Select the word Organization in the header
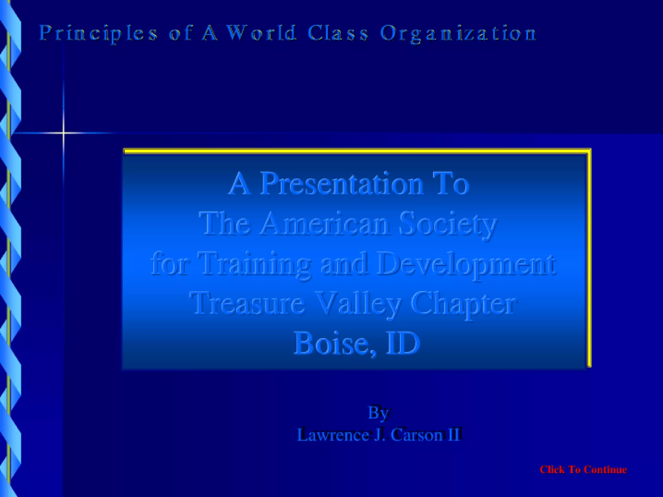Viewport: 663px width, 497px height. click(x=458, y=33)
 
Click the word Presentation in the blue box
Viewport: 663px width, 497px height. click(x=342, y=184)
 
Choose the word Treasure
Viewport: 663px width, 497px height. click(x=248, y=303)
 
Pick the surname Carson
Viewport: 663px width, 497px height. click(x=417, y=435)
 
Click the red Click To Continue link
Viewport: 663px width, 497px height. click(x=583, y=469)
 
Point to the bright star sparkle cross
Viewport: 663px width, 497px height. click(x=64, y=133)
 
